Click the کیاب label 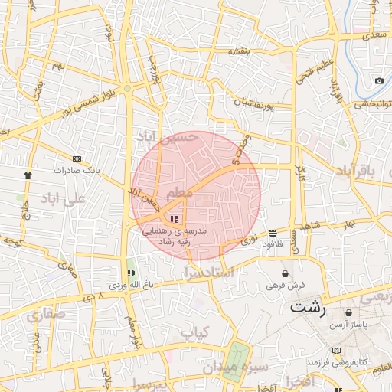[x=194, y=332]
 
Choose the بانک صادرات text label [x=80, y=170]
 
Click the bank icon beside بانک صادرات [x=77, y=158]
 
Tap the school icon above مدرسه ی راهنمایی [x=162, y=220]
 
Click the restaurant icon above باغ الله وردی [x=130, y=273]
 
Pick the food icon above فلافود [x=273, y=233]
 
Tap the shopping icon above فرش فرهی [x=286, y=273]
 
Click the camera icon [x=379, y=81]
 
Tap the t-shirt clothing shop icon [x=28, y=175]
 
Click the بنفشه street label [x=240, y=51]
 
